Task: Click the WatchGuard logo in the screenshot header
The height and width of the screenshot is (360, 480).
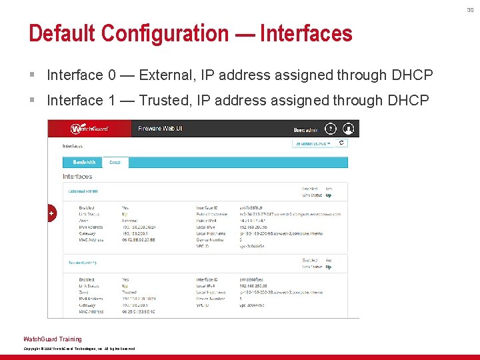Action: click(x=89, y=128)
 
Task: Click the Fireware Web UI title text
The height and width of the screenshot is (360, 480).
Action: click(x=160, y=128)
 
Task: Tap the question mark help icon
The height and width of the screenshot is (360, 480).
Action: click(x=331, y=128)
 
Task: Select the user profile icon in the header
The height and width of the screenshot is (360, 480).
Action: click(x=347, y=128)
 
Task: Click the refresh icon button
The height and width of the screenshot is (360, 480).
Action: click(x=342, y=143)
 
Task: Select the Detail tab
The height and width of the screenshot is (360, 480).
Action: click(x=115, y=162)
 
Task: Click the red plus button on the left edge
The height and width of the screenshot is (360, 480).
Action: click(x=51, y=213)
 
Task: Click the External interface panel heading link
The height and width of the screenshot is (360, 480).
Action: click(x=83, y=191)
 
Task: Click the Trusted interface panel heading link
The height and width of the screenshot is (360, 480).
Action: click(x=83, y=263)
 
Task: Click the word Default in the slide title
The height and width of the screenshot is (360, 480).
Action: click(x=61, y=33)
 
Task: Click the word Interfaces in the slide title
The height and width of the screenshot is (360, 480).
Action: click(x=306, y=33)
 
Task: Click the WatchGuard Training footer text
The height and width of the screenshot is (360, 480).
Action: click(x=53, y=339)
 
